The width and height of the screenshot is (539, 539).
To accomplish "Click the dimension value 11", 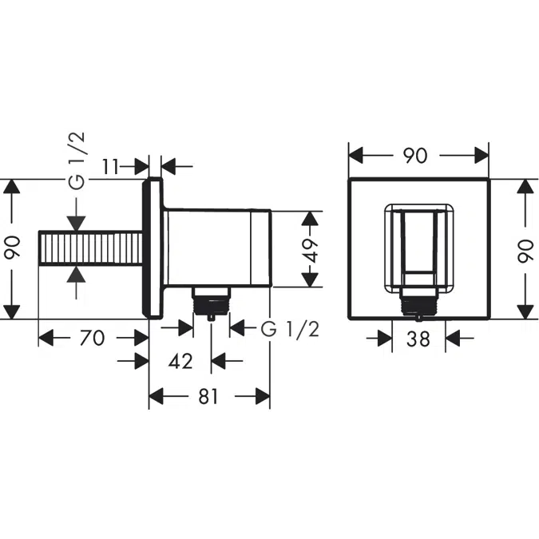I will [111, 166].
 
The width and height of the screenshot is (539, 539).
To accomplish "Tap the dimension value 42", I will [181, 362].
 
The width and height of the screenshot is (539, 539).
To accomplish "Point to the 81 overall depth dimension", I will [208, 397].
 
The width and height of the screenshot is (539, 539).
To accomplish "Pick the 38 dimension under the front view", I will [418, 339].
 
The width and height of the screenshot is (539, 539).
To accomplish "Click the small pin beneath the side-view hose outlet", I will [210, 317].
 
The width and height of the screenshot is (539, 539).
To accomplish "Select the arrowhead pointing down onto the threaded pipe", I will [76, 224].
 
